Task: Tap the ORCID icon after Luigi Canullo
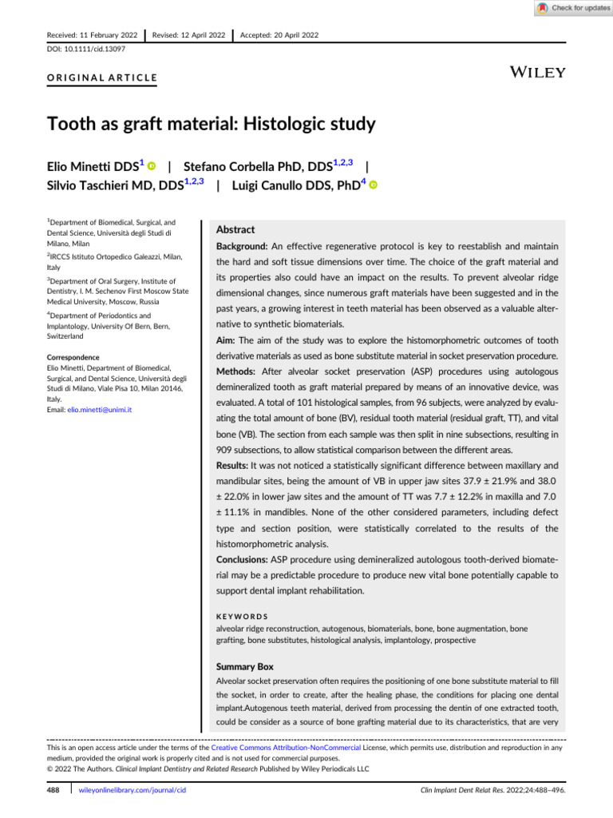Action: [373, 185]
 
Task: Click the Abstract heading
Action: [235, 228]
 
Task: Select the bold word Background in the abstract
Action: [243, 246]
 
